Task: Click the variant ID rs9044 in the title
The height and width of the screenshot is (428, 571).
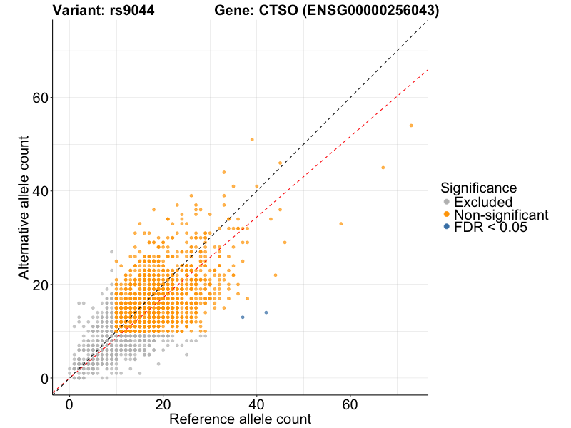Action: coord(133,11)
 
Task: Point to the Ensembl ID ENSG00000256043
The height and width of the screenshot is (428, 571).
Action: coord(373,11)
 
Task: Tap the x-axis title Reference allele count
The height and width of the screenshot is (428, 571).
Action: coord(240,419)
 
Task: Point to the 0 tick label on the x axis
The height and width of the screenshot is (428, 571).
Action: coord(69,404)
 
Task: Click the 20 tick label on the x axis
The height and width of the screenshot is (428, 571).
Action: coord(163,404)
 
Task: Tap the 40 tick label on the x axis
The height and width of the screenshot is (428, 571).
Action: coord(256,404)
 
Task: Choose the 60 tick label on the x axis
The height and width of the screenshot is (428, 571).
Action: coord(350,404)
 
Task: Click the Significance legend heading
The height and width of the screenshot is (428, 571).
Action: coord(478,188)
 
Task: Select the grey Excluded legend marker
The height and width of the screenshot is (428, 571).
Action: coord(446,202)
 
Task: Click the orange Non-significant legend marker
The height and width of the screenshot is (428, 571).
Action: coord(446,214)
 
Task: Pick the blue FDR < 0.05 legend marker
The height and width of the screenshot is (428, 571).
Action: coord(446,226)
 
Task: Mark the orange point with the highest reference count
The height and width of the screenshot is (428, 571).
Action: coord(411,126)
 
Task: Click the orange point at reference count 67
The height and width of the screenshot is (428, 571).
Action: coord(383,168)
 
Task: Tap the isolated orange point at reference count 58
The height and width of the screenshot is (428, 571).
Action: coord(341,224)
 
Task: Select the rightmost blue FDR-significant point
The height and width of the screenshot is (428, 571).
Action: coord(266,312)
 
